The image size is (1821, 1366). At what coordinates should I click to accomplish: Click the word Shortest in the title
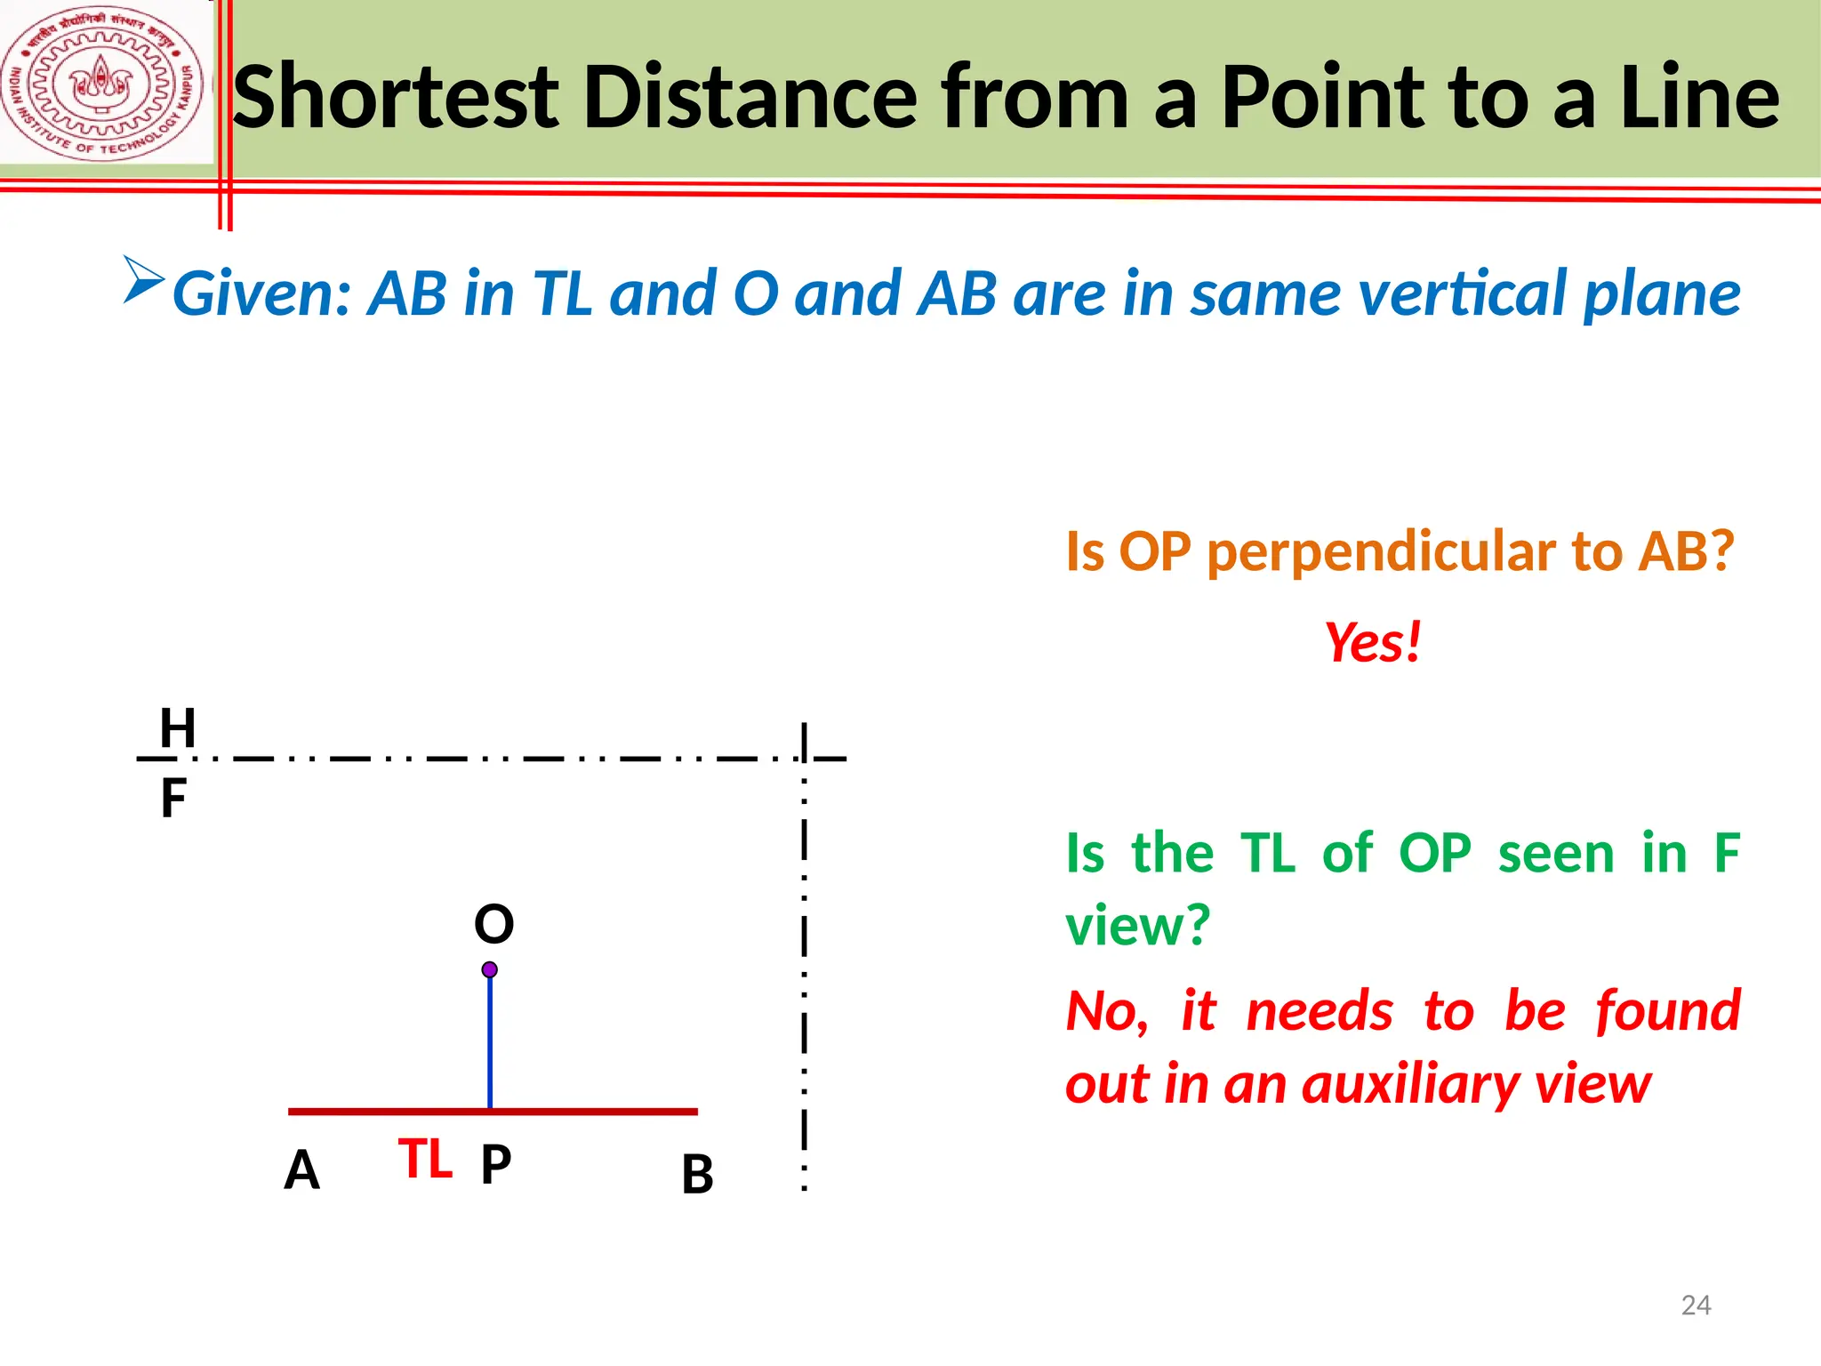pyautogui.click(x=396, y=98)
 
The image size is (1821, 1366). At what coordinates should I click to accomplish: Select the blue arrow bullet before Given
pyautogui.click(x=143, y=280)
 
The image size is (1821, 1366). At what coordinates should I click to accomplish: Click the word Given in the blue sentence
pyautogui.click(x=261, y=293)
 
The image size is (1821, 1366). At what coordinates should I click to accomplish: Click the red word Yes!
pyautogui.click(x=1373, y=642)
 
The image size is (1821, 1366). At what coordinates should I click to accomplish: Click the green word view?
pyautogui.click(x=1138, y=925)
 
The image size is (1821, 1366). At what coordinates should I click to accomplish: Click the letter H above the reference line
pyautogui.click(x=177, y=728)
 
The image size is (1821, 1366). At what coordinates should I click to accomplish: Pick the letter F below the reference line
pyautogui.click(x=173, y=798)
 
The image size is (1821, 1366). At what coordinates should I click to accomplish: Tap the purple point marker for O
pyautogui.click(x=490, y=969)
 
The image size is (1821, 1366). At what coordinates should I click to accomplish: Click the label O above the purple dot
pyautogui.click(x=493, y=924)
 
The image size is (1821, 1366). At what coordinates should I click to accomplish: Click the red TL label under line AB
pyautogui.click(x=425, y=1160)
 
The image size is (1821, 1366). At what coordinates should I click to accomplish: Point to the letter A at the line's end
pyautogui.click(x=301, y=1170)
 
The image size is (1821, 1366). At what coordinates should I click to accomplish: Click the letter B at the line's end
pyautogui.click(x=697, y=1174)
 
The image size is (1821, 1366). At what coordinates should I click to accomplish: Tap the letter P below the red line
pyautogui.click(x=496, y=1163)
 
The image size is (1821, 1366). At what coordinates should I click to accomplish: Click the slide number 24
pyautogui.click(x=1696, y=1305)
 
